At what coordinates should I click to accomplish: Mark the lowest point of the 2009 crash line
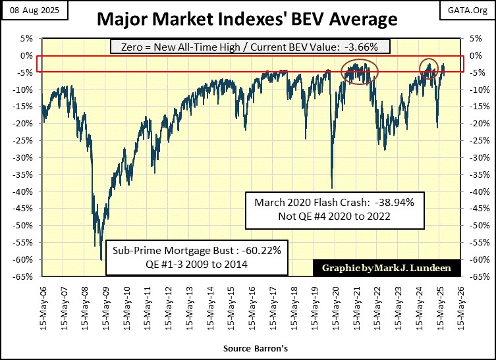click(x=101, y=259)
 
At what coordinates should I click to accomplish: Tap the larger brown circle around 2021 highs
click(x=360, y=71)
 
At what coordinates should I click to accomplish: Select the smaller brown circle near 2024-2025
click(x=429, y=68)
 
